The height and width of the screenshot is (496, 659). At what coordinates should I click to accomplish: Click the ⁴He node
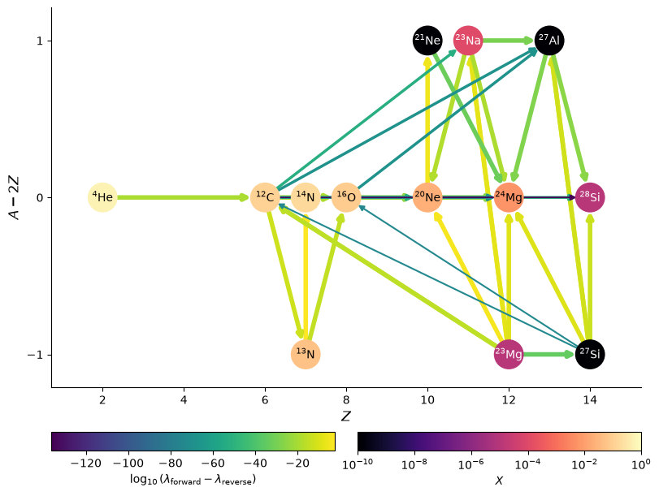[102, 197]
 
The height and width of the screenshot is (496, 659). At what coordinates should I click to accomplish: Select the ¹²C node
[265, 197]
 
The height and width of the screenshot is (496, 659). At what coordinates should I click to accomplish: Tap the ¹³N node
[306, 355]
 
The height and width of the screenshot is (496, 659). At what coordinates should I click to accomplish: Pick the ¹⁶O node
[346, 197]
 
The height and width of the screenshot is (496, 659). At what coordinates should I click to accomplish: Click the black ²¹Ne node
[427, 41]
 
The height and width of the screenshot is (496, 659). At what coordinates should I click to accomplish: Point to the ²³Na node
[468, 41]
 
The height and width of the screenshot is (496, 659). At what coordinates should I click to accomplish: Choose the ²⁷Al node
[549, 41]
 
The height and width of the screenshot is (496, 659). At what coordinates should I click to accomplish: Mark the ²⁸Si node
[590, 197]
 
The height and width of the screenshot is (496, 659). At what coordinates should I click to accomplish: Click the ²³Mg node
[509, 355]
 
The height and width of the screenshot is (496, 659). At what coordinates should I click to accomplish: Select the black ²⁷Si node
[590, 355]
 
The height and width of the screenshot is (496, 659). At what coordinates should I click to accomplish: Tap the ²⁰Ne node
[427, 197]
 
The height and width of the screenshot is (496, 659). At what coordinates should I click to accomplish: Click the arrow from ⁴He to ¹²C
[184, 197]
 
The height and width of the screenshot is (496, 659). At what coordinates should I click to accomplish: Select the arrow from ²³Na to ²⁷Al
[509, 41]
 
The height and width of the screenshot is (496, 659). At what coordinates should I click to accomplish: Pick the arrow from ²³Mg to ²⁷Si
[549, 355]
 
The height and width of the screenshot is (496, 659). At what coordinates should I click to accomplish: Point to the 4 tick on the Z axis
[184, 399]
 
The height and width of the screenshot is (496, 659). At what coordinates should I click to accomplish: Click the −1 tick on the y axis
[35, 355]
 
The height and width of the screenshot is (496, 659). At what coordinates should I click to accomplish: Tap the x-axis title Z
[346, 416]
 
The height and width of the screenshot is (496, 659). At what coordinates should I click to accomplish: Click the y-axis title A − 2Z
[15, 197]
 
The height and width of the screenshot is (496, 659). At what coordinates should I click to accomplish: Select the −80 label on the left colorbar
[171, 464]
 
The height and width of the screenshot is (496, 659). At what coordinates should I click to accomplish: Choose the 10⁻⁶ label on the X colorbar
[471, 464]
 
